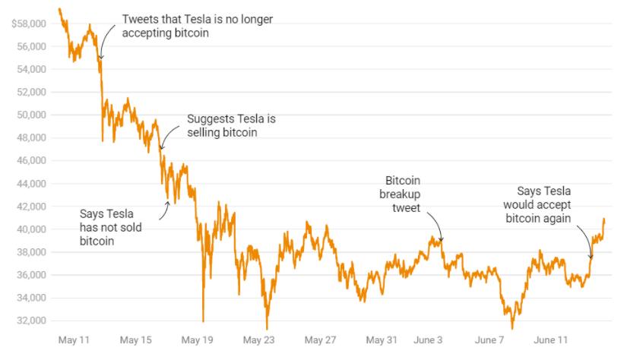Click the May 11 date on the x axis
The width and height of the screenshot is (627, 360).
[74, 340]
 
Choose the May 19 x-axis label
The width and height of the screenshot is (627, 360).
[197, 340]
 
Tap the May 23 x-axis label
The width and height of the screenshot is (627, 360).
[258, 340]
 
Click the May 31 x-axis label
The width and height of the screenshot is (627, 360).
[382, 340]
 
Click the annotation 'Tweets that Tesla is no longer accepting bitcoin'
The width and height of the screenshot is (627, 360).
[197, 27]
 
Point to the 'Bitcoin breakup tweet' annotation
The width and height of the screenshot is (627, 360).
[403, 195]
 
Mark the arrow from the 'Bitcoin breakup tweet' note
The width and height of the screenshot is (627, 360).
[435, 226]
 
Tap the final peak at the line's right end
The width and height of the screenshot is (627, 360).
[604, 219]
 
